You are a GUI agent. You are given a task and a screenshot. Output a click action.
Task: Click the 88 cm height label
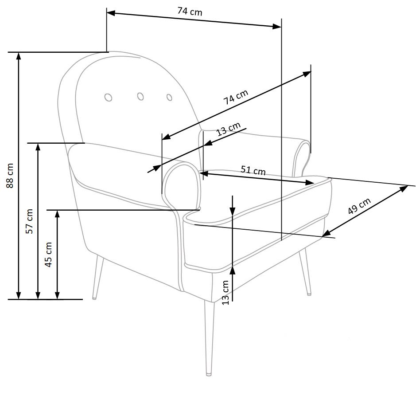click(x=10, y=176)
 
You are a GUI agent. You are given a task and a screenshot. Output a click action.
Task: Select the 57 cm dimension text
click(x=29, y=221)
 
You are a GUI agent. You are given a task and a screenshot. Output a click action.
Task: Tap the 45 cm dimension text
click(x=48, y=254)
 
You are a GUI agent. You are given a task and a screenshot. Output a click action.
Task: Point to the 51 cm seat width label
click(x=253, y=170)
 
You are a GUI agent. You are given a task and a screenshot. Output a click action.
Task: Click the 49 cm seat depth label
click(x=359, y=207)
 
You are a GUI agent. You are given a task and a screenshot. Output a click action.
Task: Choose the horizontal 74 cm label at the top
click(x=190, y=12)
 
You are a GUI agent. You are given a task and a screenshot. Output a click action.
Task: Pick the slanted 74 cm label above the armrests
click(x=235, y=97)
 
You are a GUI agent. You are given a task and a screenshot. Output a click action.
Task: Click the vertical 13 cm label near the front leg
click(x=225, y=292)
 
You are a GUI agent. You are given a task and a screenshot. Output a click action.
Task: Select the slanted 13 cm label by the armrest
click(x=228, y=129)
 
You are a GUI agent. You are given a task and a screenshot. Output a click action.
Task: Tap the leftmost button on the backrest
click(x=108, y=98)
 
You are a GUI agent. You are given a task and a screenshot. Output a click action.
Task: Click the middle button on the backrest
click(x=140, y=96)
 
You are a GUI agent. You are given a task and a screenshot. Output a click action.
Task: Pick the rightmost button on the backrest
click(x=169, y=97)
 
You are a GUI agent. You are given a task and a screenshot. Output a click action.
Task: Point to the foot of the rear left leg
click(x=94, y=298)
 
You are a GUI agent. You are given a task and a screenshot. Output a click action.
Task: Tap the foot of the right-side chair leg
click(x=309, y=293)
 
